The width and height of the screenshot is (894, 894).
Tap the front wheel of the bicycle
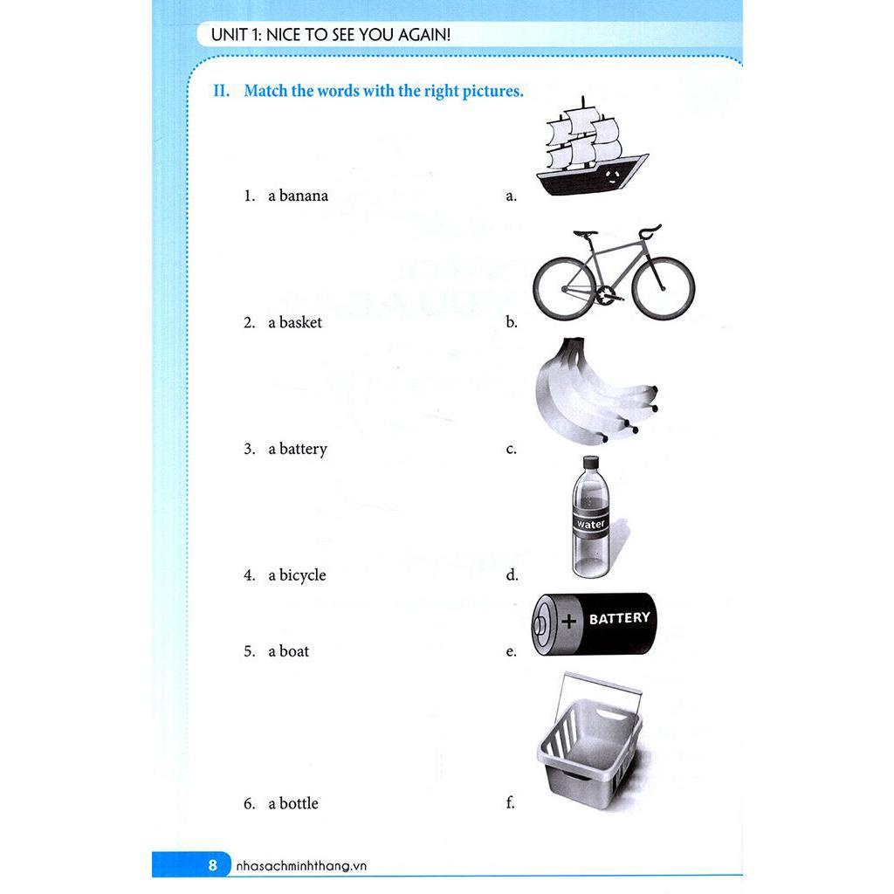point(663,288)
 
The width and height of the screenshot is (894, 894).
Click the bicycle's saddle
point(586,234)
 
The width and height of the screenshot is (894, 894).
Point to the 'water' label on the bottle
point(591,524)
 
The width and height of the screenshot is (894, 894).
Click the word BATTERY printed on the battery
point(619,618)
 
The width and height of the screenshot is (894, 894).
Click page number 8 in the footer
point(212,866)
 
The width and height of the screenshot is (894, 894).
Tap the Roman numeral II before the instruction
point(221,91)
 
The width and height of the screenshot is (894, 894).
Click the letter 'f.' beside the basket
point(511,803)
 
